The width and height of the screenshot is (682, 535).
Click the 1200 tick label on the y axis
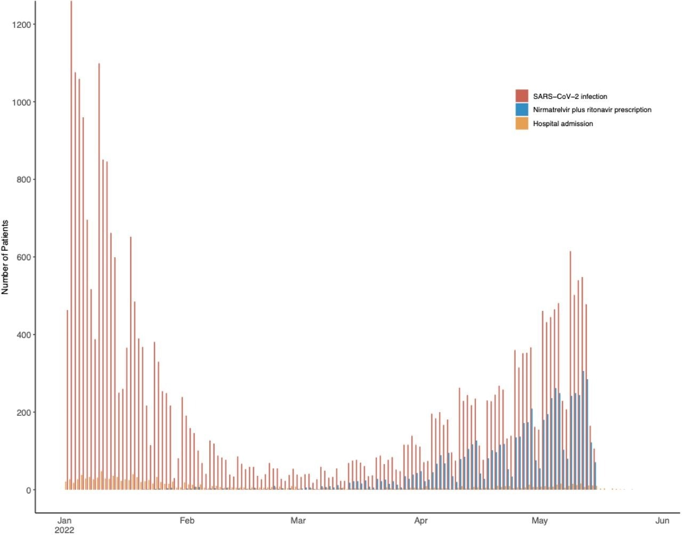pos(22,24)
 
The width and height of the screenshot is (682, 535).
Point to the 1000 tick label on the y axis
pos(22,102)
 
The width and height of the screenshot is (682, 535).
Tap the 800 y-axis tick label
pos(24,180)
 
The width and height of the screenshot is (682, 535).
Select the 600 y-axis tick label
pos(24,257)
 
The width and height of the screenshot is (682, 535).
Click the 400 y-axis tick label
pos(24,335)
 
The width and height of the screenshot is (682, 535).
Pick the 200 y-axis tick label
pos(24,413)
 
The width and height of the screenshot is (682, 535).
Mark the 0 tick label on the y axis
pos(28,490)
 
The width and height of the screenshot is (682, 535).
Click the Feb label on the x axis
pos(187,521)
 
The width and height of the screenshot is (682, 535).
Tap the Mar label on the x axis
pos(298,521)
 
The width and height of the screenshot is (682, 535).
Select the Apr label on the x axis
pos(421,521)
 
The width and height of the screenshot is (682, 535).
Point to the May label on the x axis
pos(540,521)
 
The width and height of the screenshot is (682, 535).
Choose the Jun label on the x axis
pos(662,521)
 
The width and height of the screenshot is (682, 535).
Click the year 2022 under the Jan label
pos(64,530)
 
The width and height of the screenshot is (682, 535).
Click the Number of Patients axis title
pos(5,257)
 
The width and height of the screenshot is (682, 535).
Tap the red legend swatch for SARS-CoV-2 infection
pos(522,96)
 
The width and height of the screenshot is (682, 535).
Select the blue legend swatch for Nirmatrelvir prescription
pos(522,110)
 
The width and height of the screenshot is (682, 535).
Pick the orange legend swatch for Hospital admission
pos(522,124)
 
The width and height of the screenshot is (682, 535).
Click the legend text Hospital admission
pos(563,124)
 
